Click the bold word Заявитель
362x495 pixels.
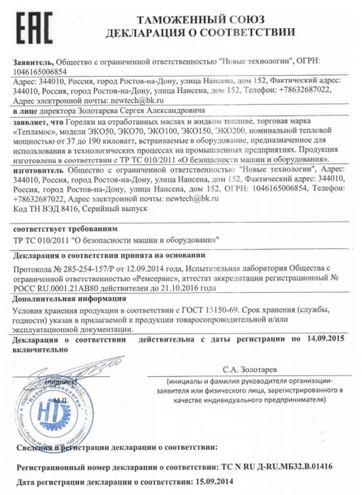[x=35, y=60]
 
